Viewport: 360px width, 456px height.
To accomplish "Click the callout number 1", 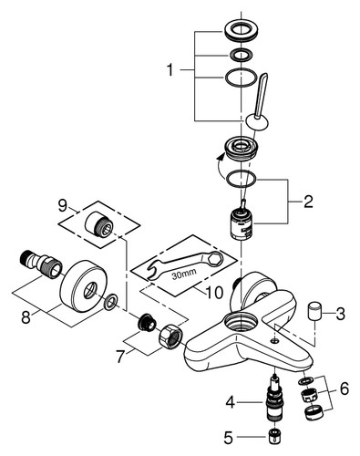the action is coord(170,70).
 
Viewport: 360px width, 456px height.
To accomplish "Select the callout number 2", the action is coord(307,202).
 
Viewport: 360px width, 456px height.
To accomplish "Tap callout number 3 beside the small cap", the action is coord(340,314).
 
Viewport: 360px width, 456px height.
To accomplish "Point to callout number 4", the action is coord(231,402).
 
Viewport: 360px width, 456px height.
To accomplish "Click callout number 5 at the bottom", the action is coord(229,438).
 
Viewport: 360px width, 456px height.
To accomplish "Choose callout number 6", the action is coord(344,389).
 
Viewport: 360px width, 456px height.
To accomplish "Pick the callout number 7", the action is coord(120,357).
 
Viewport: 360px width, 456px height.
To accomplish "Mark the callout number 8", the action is coord(26,317).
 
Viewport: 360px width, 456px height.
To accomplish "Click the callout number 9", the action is coord(63,206).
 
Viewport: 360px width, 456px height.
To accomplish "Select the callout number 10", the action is coord(214,293).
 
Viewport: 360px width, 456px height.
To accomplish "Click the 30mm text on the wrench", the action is coord(184,275).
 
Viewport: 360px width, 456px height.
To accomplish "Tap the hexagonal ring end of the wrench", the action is coord(215,258).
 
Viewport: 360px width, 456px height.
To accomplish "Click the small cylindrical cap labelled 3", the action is coord(314,311).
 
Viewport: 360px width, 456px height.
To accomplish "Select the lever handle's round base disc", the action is coord(257,122).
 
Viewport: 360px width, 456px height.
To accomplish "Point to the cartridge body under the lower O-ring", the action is coord(241,224).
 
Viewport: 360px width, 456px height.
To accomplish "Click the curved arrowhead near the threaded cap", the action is coord(221,157).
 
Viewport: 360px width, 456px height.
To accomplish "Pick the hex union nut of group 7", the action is coord(170,336).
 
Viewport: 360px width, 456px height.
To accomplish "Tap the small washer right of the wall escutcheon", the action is coord(110,302).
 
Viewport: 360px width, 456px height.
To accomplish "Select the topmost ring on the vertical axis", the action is coord(241,31).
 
